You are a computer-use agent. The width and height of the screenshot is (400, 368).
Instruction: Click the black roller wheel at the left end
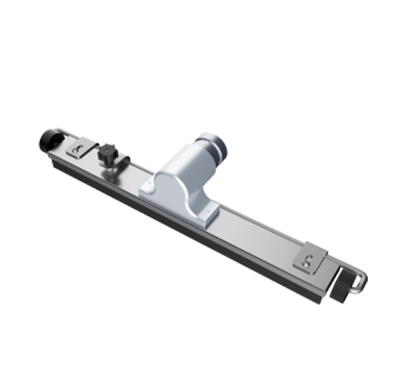point(46,141)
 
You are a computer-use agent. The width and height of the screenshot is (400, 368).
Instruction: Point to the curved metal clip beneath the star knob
point(120,166)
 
